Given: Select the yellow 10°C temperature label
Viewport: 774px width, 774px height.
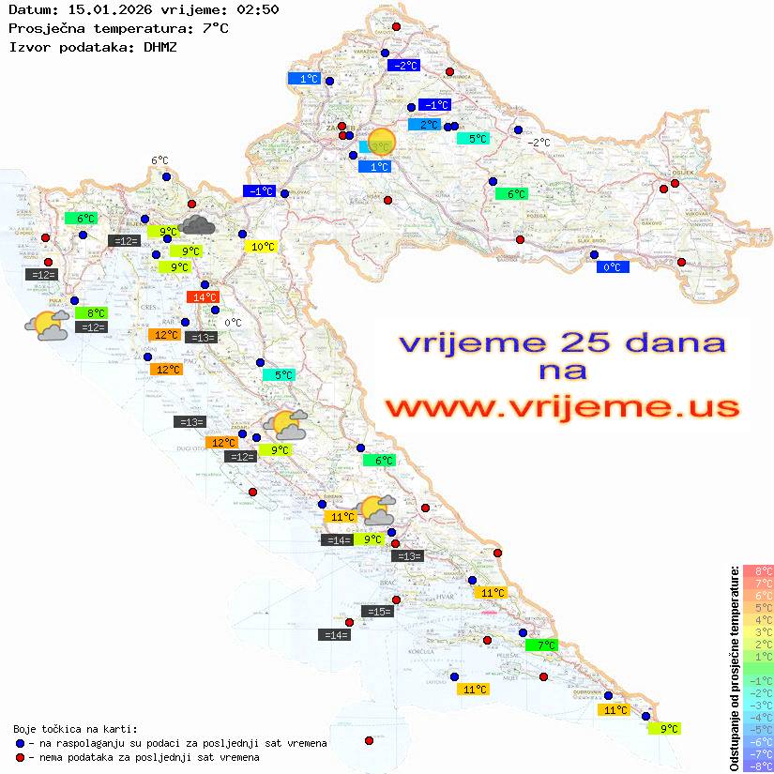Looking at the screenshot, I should (263, 247).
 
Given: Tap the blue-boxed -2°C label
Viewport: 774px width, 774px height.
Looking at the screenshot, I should (403, 66).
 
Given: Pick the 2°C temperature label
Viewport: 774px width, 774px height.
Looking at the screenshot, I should (425, 125).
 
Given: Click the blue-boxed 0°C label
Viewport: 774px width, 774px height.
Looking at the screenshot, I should (613, 267).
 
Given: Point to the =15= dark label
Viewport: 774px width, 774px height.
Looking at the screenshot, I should (377, 612).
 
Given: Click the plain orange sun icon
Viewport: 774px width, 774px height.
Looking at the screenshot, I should (383, 141).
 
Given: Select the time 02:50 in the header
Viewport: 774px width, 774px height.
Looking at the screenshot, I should (257, 9).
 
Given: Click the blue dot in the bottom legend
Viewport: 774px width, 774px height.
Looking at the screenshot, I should (20, 743).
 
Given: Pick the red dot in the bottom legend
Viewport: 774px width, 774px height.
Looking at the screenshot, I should (20, 757).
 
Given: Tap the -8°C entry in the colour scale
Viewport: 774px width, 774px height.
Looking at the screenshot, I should (757, 766).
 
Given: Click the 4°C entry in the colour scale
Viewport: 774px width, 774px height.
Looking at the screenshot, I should (757, 619).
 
